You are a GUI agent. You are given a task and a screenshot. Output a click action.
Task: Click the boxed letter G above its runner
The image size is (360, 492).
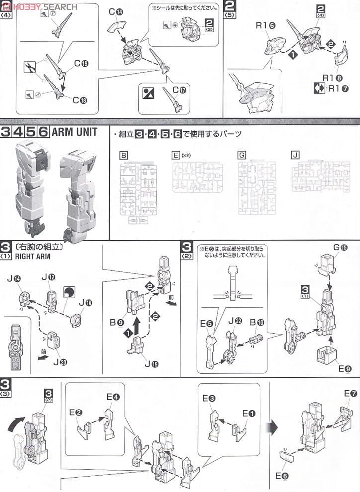242,155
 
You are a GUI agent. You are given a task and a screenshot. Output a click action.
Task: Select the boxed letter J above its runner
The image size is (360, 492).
295,155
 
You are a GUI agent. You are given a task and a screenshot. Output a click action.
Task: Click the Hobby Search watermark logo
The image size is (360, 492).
40,6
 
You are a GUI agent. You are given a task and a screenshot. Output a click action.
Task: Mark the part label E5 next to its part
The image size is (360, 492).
209,323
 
